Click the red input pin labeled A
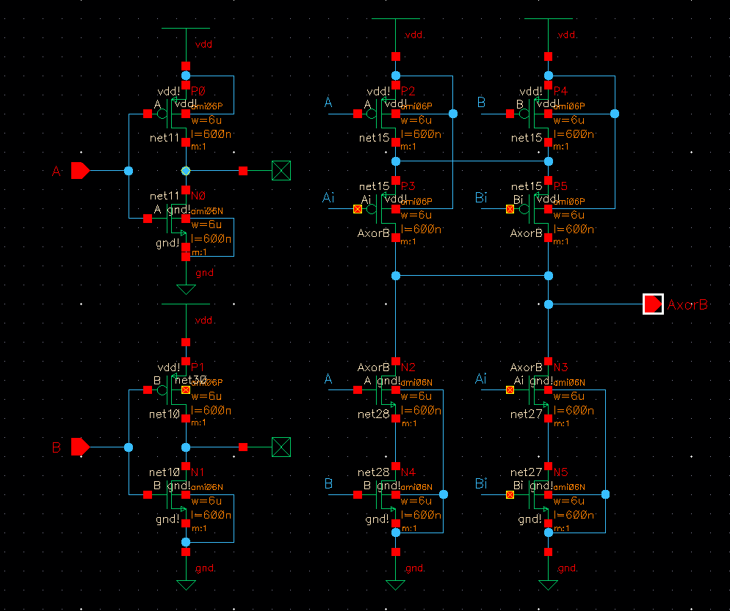80,171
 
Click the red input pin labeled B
80,446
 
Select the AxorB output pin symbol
653,304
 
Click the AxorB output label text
687,304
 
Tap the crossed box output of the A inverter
281,171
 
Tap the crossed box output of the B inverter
281,446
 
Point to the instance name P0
198,91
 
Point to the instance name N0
198,197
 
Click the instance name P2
408,91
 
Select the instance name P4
560,91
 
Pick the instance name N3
561,367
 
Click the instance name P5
561,186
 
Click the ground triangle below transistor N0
186,289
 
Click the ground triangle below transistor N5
548,585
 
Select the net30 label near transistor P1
189,380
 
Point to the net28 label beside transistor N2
373,414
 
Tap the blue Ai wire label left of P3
328,197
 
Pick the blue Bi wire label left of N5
481,483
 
